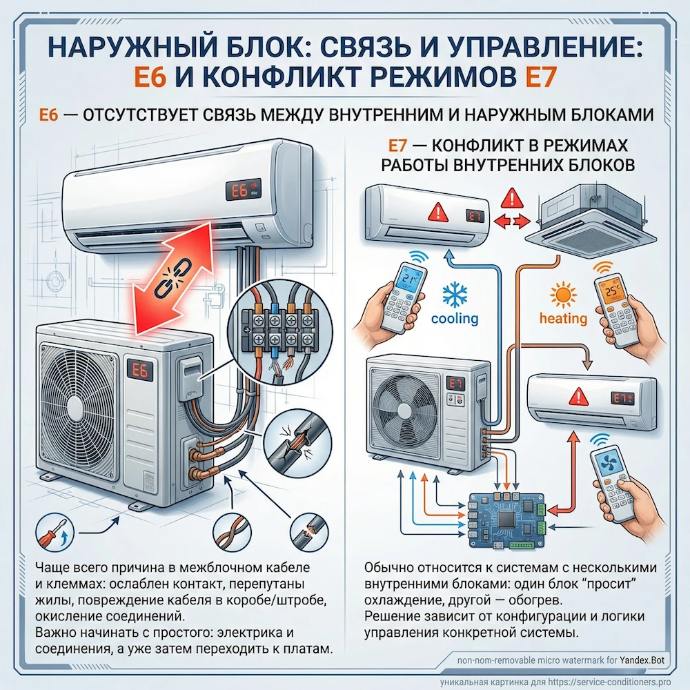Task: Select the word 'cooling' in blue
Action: [454, 318]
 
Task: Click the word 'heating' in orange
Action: [563, 319]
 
